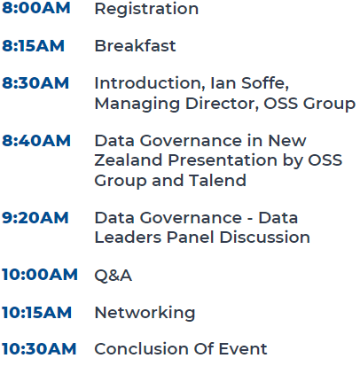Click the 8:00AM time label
point(36,8)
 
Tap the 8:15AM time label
point(33,46)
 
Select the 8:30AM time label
point(35,82)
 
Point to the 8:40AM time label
point(36,140)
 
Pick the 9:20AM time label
point(35,218)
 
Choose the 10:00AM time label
point(40,275)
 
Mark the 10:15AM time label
point(36,312)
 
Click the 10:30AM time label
point(39,348)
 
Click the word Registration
point(146,10)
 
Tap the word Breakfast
point(135,46)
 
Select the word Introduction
point(150,83)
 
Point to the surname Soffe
point(265,83)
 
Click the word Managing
point(137,105)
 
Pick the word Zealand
point(129,160)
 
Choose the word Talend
point(217,180)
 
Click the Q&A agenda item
point(113,276)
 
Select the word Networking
point(145,314)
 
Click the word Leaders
point(128,238)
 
